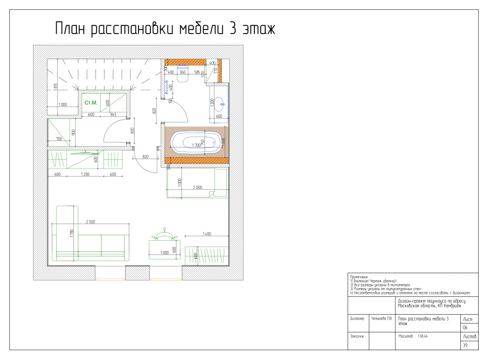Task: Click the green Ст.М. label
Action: click(x=91, y=103)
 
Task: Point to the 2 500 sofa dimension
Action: click(x=91, y=221)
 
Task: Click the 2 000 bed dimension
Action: click(x=197, y=188)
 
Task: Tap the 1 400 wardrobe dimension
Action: click(x=206, y=234)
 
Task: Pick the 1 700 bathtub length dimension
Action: click(x=195, y=145)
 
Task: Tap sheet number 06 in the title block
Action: click(x=464, y=327)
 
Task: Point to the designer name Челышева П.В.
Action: click(x=382, y=318)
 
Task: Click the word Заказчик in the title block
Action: click(x=358, y=336)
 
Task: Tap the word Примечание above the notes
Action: click(x=359, y=277)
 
